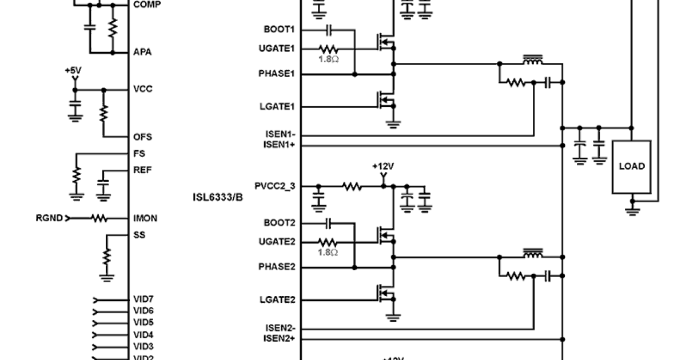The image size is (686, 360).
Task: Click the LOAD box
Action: point(632,166)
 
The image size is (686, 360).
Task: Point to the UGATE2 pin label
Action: point(277,242)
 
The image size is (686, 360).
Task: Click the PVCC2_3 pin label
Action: point(275,186)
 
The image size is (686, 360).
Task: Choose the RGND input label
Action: point(50,218)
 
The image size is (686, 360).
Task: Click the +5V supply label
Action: point(73,70)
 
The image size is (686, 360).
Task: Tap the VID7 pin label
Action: point(143,299)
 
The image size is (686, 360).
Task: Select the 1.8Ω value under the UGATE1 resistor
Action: point(329,59)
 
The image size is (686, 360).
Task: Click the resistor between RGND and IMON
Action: point(99,218)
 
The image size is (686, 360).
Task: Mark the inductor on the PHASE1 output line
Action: point(533,61)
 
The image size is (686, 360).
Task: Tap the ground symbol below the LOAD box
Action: point(632,210)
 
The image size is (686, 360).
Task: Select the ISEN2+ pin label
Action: point(280,339)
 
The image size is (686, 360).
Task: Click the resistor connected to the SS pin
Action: point(106,257)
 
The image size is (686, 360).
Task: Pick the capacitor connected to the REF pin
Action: point(103,186)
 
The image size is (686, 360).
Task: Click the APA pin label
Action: point(142,52)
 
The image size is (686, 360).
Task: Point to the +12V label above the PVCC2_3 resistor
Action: point(383,166)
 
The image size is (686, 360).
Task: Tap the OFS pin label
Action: point(142,137)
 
